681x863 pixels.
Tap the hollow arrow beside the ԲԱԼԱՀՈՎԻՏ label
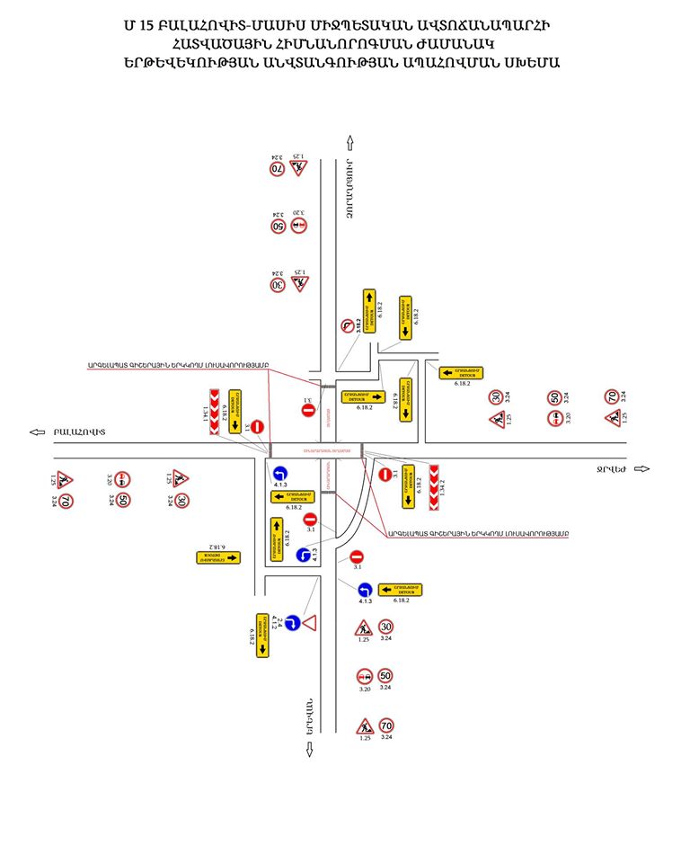tap(37, 432)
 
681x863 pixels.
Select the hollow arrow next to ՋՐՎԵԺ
tap(641, 468)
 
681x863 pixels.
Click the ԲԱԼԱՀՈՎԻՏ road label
tap(79, 432)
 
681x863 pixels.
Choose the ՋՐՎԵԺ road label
tap(611, 468)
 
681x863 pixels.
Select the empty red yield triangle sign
tap(310, 622)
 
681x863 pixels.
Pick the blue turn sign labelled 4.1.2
tap(292, 622)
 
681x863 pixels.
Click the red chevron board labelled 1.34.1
tap(215, 413)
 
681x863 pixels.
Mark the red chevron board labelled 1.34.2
tap(433, 485)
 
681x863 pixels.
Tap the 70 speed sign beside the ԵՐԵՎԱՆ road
tap(386, 725)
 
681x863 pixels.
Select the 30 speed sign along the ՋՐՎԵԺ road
tap(496, 396)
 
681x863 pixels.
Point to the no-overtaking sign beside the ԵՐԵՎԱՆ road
tap(365, 676)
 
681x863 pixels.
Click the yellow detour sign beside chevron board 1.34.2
tap(409, 485)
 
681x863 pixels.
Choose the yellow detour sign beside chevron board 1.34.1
tap(235, 413)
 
